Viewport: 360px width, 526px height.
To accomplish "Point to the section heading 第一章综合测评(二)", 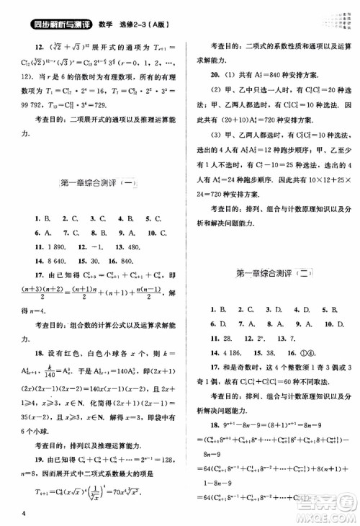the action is click(274, 273).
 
